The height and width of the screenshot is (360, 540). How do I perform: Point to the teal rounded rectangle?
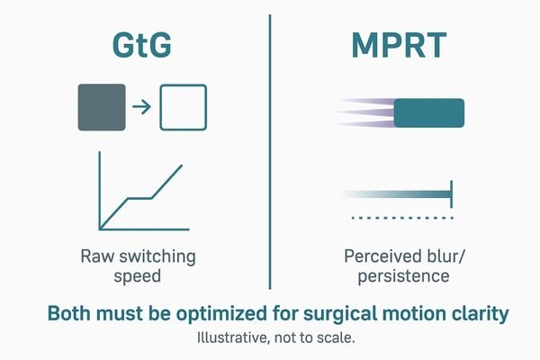coord(429,112)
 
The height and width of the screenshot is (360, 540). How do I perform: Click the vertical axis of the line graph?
coord(100,189)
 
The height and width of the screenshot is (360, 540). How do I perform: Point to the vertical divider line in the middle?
coord(271,153)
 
